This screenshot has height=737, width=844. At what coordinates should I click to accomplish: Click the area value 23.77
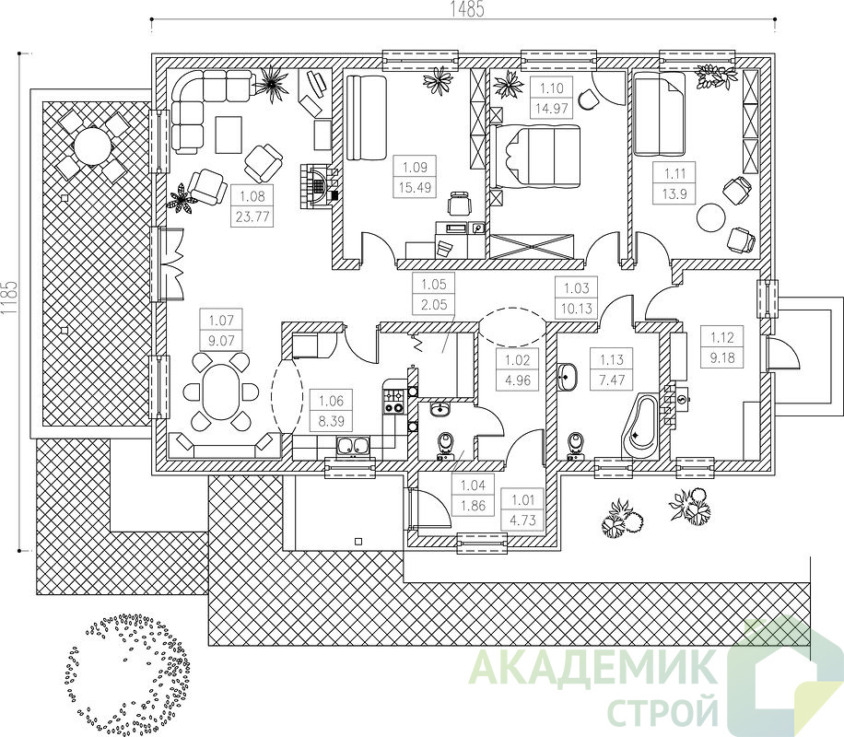(252, 217)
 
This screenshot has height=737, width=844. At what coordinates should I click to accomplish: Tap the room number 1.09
(415, 167)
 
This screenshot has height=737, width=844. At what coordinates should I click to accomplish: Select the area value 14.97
(552, 108)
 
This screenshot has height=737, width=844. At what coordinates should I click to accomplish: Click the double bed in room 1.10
(535, 157)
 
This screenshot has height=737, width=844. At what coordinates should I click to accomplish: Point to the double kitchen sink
(353, 446)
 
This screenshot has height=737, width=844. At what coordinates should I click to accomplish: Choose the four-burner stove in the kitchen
(393, 402)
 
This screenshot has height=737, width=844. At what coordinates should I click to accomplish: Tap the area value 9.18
(721, 358)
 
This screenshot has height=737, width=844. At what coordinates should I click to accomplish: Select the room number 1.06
(331, 401)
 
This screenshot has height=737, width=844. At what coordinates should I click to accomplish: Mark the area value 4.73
(523, 521)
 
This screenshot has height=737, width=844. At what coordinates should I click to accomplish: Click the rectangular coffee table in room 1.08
(229, 135)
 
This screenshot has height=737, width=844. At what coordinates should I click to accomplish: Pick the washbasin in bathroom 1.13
(568, 376)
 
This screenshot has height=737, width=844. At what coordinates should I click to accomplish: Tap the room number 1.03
(577, 288)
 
